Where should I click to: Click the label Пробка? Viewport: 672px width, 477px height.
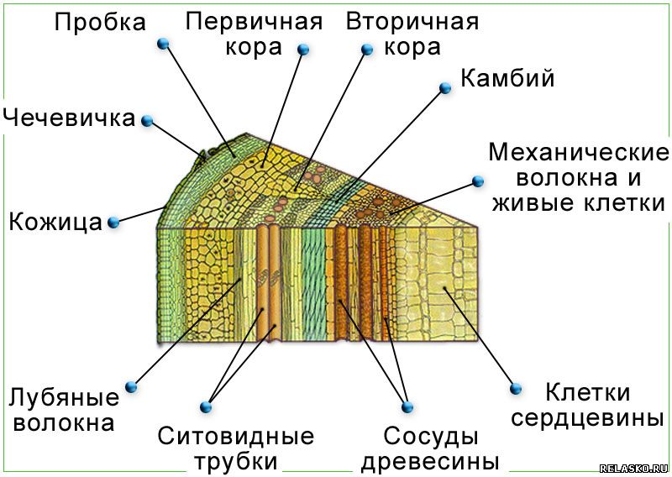pos(100,23)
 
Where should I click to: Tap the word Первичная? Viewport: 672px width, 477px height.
pos(254,22)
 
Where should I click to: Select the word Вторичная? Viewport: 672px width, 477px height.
pos(412,22)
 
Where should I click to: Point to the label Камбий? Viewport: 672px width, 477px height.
pos(507,78)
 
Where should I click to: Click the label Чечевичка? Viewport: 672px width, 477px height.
pos(69,118)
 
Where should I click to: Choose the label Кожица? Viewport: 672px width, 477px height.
pos(55,222)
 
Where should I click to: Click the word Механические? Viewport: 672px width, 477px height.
pos(579,152)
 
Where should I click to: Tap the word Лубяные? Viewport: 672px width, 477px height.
pos(65,397)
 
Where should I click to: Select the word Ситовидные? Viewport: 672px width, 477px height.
pos(236,437)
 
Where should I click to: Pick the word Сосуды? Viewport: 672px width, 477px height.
pos(431,437)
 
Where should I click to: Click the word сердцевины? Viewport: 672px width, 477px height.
pos(587,418)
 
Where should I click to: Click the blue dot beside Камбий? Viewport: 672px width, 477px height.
pos(446,88)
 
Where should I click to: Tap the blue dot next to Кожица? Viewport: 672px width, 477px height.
pos(113,223)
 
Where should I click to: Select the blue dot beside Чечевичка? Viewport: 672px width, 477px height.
pos(147,121)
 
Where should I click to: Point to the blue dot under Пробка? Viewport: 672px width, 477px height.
pos(163,44)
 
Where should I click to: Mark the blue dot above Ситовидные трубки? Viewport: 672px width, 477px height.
pos(206,406)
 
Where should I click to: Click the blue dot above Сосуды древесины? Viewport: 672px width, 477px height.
pos(407,406)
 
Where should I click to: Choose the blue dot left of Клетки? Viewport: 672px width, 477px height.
pos(516,389)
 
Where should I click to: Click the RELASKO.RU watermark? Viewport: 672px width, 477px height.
pos(633,469)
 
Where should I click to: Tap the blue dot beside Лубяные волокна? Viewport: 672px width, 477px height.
pos(131,386)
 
